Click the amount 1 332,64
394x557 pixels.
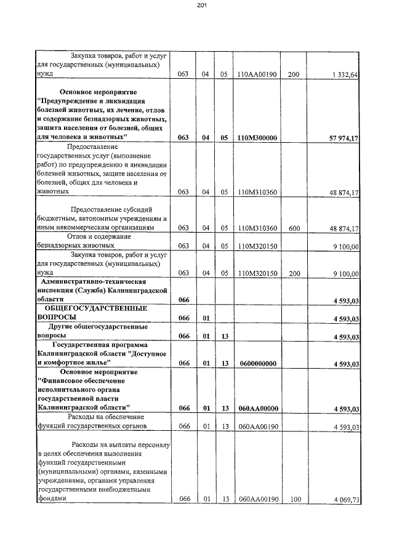pyautogui.click(x=345, y=74)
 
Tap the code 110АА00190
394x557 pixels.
pyautogui.click(x=257, y=74)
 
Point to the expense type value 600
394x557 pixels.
pyautogui.click(x=294, y=228)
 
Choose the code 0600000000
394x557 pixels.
pyautogui.click(x=257, y=364)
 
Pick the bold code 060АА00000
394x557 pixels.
pyautogui.click(x=257, y=408)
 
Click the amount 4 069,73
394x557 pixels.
pyautogui.click(x=345, y=500)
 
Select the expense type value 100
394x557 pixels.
pyautogui.click(x=294, y=500)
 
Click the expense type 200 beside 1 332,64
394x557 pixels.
pyautogui.click(x=294, y=74)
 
